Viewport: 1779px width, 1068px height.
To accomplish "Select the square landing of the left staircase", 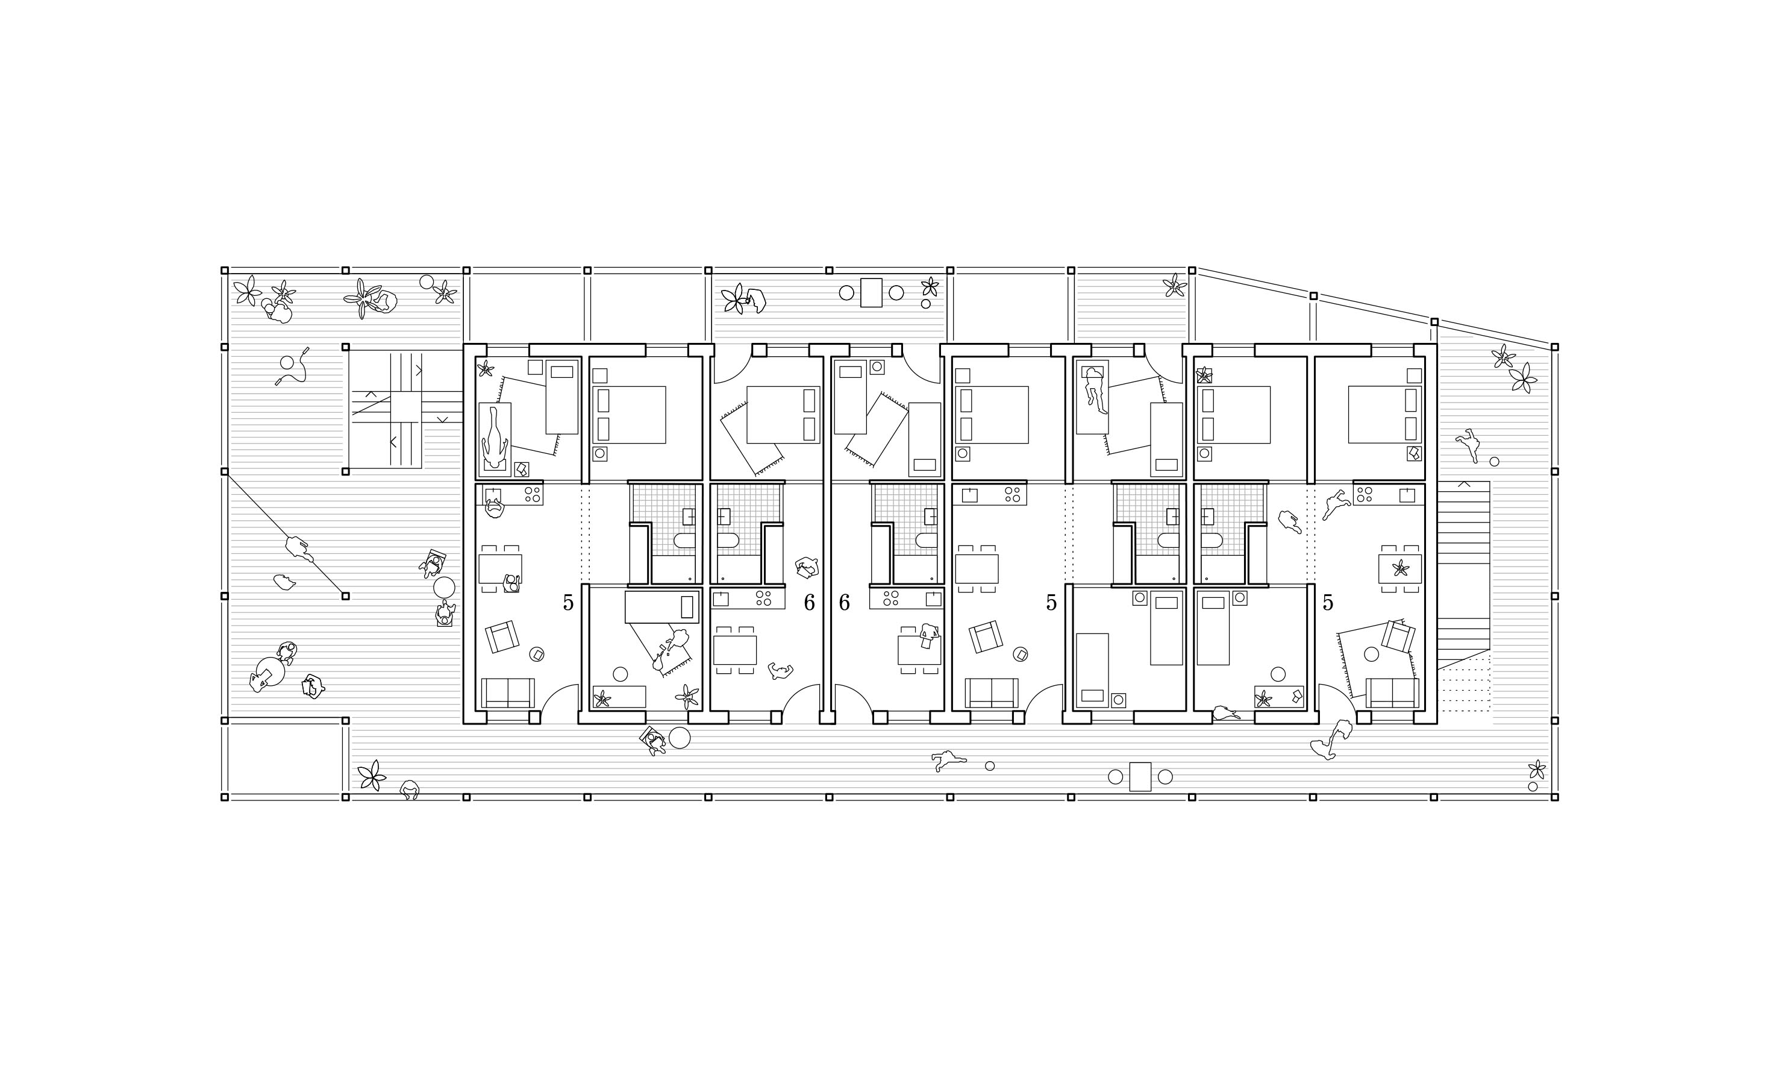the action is [x=405, y=407].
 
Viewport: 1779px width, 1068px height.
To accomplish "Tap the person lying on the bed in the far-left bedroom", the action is [x=495, y=436].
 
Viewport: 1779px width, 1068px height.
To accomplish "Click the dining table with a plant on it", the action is [x=1400, y=568].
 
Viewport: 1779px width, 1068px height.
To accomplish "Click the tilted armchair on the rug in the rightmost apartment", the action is [x=1398, y=636].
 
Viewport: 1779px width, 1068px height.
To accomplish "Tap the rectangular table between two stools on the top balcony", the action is [x=871, y=293].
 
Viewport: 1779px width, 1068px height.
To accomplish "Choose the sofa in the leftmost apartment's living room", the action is [x=508, y=693].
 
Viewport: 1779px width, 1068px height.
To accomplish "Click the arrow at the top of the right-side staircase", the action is [x=1463, y=485].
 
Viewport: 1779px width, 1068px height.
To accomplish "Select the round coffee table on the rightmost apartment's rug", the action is [x=1371, y=654].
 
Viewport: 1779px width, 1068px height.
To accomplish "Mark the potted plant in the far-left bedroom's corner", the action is [x=486, y=368].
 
